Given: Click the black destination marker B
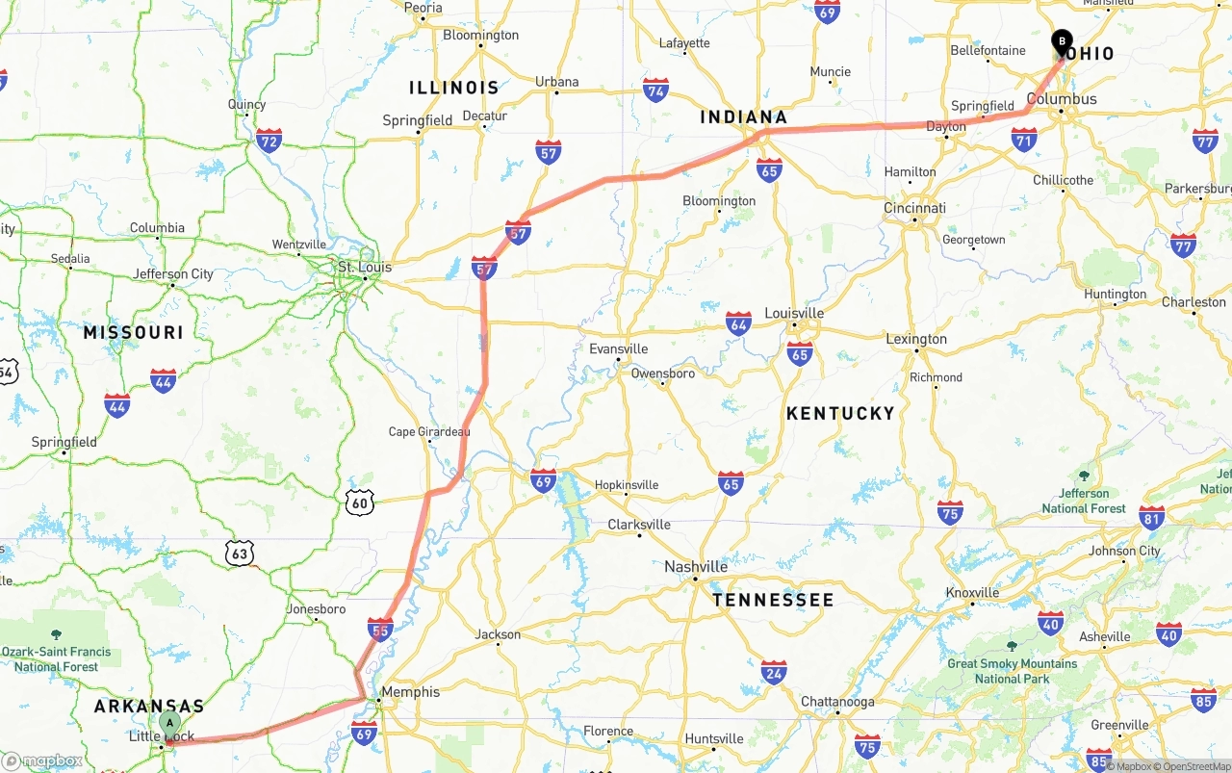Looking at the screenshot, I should coord(1062,42).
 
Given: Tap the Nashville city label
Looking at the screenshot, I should coord(696,567).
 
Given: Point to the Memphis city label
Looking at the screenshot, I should coord(410,692).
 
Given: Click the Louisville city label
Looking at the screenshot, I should coord(794,314).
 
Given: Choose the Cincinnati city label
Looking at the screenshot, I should coord(914,208).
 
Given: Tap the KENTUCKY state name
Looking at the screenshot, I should coord(840,413).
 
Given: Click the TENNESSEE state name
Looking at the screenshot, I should coord(773,600).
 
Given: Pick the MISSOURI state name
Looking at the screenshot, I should coord(133,332).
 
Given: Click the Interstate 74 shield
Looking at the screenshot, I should coord(655,90).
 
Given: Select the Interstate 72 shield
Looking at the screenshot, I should coord(269,142).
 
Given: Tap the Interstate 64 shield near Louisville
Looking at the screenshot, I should coord(738,323).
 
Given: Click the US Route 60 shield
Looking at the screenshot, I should coord(360,502).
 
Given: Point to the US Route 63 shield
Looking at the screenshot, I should coord(240,553).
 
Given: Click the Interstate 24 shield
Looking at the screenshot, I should coord(774,672).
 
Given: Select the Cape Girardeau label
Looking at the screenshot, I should coord(429,432).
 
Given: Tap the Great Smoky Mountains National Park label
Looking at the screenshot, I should coord(1012,671).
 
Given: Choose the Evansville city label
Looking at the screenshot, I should coord(619,349).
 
